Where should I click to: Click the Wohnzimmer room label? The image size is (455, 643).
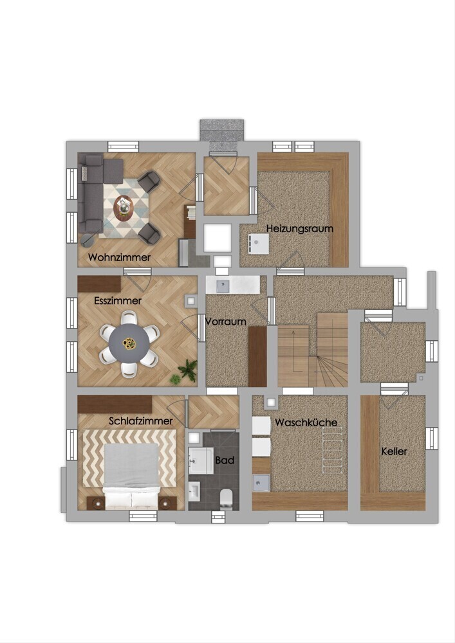point(120,258)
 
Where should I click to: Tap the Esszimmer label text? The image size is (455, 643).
point(118,300)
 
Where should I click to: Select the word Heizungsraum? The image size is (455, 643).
point(300,228)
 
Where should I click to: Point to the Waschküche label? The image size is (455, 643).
point(306,422)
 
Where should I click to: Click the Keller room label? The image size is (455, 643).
point(395,451)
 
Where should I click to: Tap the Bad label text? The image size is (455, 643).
point(225,460)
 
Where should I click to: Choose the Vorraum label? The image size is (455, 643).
point(226,321)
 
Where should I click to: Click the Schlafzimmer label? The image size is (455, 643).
point(141,421)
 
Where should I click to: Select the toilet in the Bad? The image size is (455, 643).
point(226,499)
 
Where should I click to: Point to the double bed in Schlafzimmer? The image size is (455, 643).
point(131,476)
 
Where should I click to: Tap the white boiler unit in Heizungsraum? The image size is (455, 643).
point(258,244)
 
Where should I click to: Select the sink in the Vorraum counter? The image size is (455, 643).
point(223,285)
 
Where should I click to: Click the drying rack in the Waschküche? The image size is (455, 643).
point(332,450)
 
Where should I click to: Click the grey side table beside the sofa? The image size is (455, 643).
point(88,239)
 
